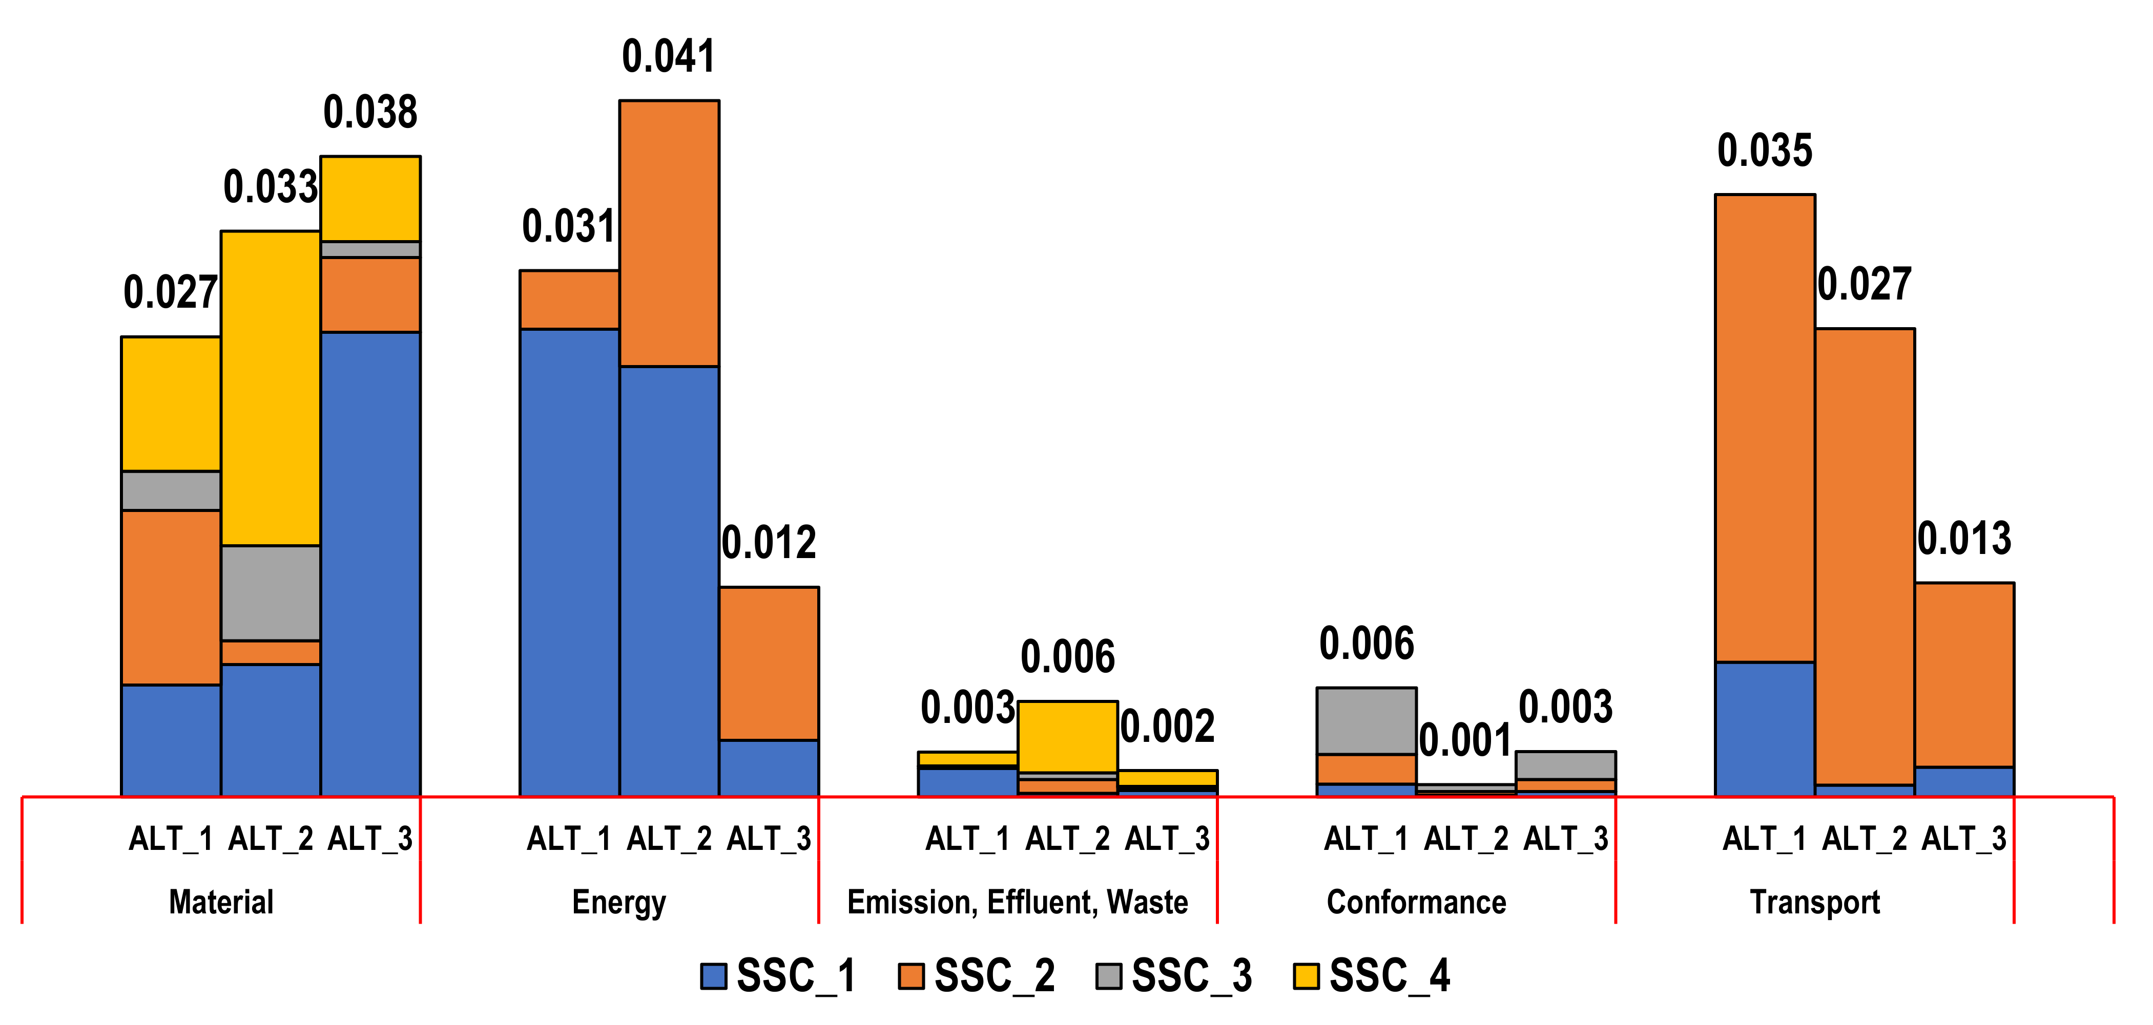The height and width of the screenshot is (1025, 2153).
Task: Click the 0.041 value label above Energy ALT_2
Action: click(x=669, y=57)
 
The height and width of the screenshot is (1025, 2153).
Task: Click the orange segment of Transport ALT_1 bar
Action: click(x=1764, y=428)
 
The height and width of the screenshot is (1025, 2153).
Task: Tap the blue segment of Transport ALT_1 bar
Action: click(x=1764, y=729)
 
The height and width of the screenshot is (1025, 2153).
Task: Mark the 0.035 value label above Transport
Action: click(x=1764, y=151)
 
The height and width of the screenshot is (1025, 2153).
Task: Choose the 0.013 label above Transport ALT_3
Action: click(x=1964, y=539)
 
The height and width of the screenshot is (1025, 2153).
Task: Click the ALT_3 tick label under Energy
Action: click(x=769, y=839)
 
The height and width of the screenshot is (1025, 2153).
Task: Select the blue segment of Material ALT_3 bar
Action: click(x=370, y=564)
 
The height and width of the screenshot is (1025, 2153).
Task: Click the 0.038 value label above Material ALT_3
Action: click(x=370, y=113)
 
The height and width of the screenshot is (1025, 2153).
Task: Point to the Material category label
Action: click(x=221, y=902)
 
